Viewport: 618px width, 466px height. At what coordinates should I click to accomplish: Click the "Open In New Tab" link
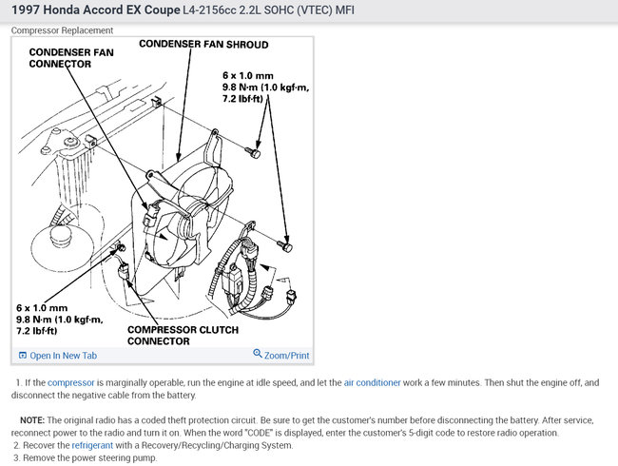tap(63, 355)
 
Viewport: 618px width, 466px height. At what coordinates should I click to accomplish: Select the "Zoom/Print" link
tap(286, 355)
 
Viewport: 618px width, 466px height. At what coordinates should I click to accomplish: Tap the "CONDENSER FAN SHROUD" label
tap(204, 45)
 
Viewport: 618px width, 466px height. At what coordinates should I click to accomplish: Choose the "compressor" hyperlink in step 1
tap(71, 382)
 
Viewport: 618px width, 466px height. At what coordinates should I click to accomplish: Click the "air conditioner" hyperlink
tap(372, 382)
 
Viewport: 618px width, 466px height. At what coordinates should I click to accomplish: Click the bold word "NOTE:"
tap(31, 419)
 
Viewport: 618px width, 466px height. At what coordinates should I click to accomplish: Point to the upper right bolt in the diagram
tap(255, 150)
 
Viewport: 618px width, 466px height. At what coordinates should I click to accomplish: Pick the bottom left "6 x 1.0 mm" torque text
tap(42, 308)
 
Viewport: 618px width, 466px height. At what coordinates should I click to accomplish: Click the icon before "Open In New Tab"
tap(23, 355)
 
